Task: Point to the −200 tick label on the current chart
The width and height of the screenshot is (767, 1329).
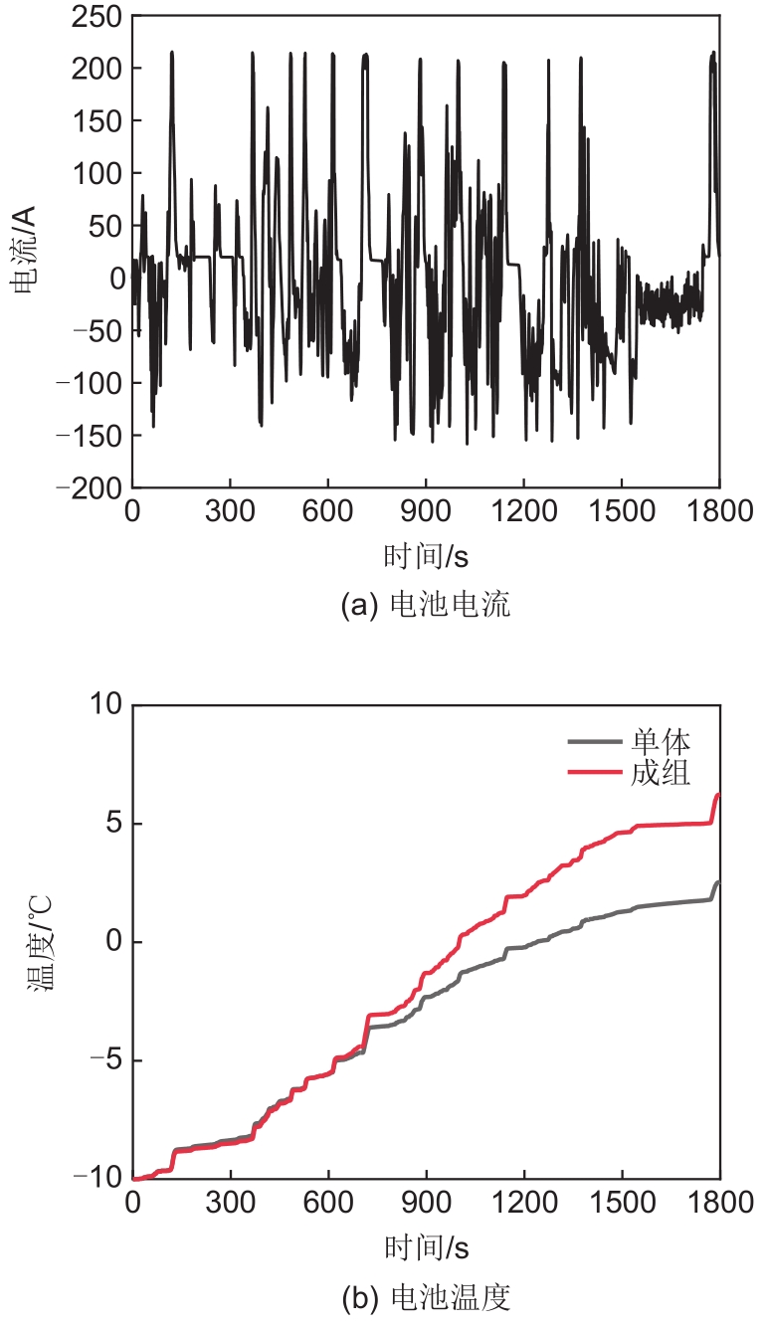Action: [92, 488]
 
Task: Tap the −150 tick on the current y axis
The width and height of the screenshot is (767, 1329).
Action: [92, 436]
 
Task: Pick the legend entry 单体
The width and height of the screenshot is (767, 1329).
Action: [661, 741]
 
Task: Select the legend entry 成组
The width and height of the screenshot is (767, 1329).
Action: [661, 772]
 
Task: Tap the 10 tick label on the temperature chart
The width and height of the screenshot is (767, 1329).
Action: [103, 705]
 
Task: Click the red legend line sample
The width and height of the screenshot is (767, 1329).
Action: [595, 772]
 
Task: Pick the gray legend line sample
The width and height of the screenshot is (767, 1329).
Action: [595, 741]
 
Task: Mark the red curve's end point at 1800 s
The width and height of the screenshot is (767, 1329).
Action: [718, 794]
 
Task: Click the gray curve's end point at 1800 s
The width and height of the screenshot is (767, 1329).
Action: [718, 882]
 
